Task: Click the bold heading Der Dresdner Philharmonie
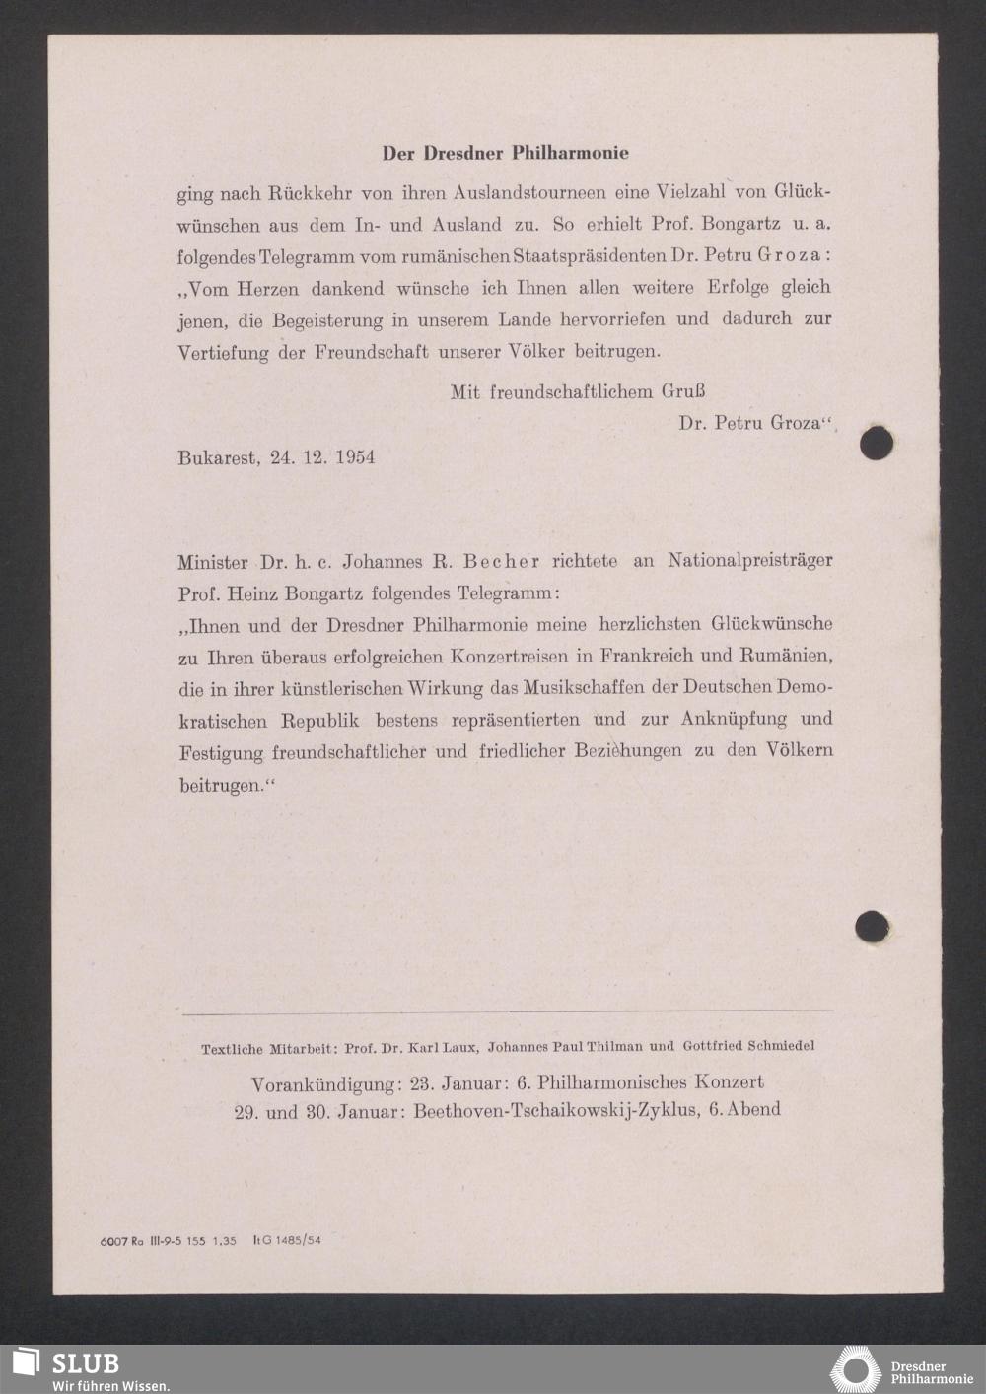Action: [x=505, y=153]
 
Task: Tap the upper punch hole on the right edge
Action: [x=876, y=443]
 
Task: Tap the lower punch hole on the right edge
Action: [x=872, y=927]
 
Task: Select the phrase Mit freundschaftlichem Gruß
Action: [x=578, y=391]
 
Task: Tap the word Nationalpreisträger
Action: [x=749, y=560]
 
